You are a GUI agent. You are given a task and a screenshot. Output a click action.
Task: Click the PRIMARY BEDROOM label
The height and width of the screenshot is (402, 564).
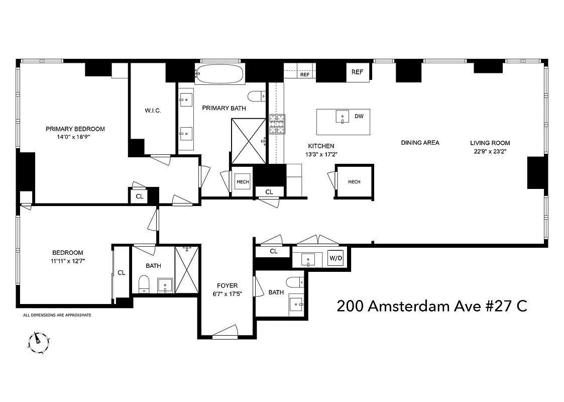click(x=75, y=129)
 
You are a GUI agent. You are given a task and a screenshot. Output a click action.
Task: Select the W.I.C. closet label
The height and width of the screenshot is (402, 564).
click(x=153, y=111)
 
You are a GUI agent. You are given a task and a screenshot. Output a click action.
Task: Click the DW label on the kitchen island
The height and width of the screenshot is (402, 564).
click(x=359, y=116)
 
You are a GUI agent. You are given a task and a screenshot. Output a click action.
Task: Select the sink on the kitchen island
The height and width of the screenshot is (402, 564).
click(x=343, y=117)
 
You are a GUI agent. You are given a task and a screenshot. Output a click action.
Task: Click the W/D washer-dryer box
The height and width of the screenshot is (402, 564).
click(x=335, y=258)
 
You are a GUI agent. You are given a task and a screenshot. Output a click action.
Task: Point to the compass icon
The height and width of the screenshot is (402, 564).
click(x=38, y=342)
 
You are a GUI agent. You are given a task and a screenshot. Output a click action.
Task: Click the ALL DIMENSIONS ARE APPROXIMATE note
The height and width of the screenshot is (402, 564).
click(x=57, y=315)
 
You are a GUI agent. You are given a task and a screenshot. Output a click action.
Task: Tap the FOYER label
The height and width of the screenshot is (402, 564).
click(x=227, y=285)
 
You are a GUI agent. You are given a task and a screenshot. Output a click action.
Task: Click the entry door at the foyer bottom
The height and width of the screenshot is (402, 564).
click(x=224, y=332)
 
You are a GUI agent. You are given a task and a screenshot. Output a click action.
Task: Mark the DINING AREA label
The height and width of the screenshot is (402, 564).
click(x=420, y=143)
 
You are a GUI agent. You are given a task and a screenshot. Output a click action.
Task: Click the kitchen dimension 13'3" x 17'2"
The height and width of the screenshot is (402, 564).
click(x=321, y=155)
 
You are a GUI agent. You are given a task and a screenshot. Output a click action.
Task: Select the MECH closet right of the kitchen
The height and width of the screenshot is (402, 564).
click(x=354, y=182)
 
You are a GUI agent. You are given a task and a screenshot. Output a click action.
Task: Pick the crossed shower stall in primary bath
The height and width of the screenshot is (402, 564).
click(x=249, y=141)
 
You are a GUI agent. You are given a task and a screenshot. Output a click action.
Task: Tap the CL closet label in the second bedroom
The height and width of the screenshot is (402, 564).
click(x=121, y=273)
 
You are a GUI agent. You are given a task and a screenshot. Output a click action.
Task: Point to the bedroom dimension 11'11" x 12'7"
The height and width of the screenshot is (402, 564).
click(x=68, y=261)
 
